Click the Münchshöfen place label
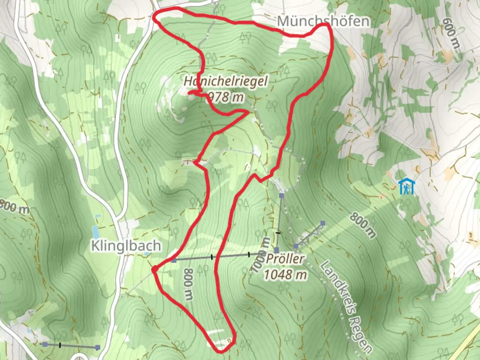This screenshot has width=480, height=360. tap(323, 21)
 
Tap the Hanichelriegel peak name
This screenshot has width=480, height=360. tap(226, 81)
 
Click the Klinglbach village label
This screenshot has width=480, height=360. tap(126, 246)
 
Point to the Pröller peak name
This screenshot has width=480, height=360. tap(285, 259)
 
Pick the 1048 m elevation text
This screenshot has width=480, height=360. tap(285, 275)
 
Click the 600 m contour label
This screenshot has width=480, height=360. tap(451, 32)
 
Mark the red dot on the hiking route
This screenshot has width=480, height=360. tap(154, 269)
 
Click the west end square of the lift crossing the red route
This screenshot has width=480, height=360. tap(174, 260)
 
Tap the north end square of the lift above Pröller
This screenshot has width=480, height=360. tap(282, 195)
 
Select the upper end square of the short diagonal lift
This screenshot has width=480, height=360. tap(323, 223)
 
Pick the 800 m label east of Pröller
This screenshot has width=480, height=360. tap(363, 225)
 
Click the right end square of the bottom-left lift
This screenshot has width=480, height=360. tap(98, 347)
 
